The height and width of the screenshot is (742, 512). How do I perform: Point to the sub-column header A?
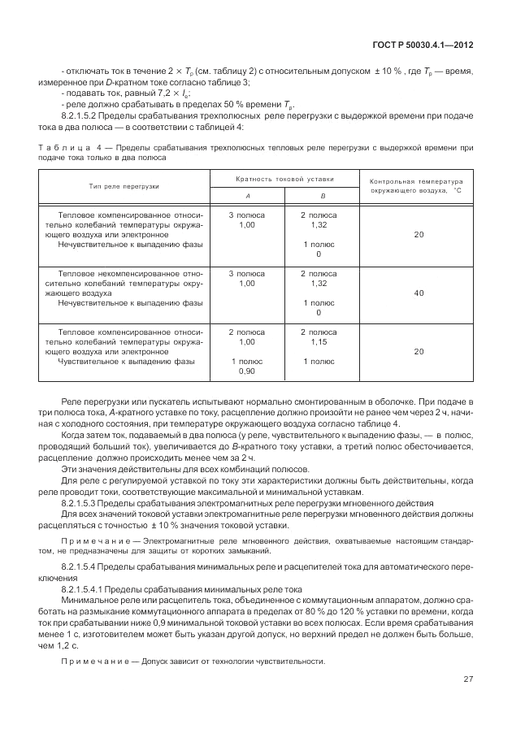pos(249,195)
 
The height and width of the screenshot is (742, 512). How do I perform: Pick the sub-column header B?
pos(322,195)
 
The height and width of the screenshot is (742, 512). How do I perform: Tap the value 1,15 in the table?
pos(319,341)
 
